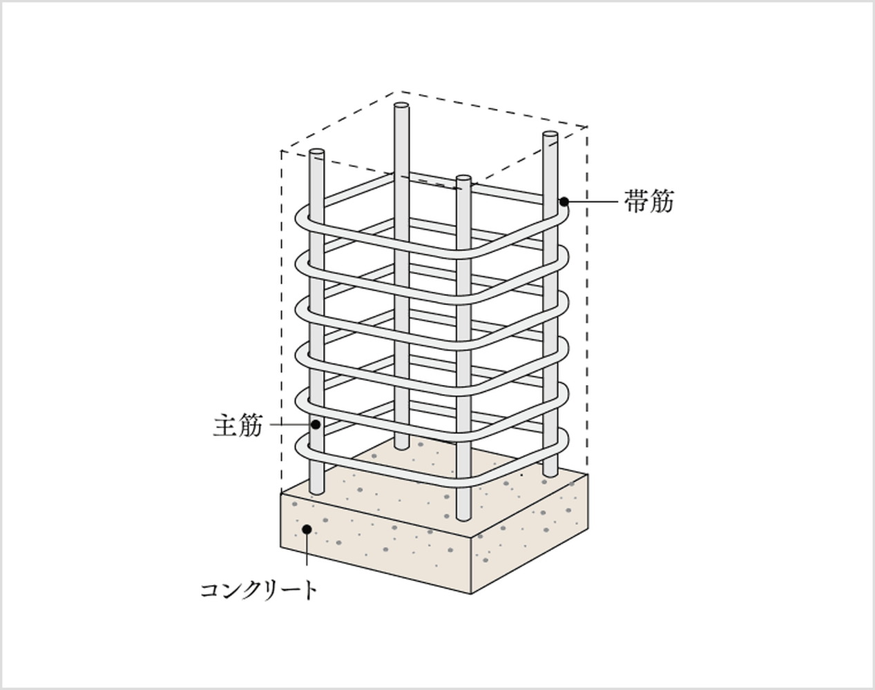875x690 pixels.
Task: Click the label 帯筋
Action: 648,201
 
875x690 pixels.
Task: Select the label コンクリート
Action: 259,590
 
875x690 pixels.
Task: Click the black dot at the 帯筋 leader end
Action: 564,201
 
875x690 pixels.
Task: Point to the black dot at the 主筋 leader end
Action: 316,424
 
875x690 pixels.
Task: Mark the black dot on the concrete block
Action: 307,529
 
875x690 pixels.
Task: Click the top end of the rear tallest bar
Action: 401,107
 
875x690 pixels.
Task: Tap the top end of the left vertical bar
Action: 316,152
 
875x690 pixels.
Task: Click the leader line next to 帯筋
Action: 594,201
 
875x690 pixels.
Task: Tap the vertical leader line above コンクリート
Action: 307,555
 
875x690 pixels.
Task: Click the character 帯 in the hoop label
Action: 636,201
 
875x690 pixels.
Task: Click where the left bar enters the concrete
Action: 316,492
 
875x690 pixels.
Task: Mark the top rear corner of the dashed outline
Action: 395,92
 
